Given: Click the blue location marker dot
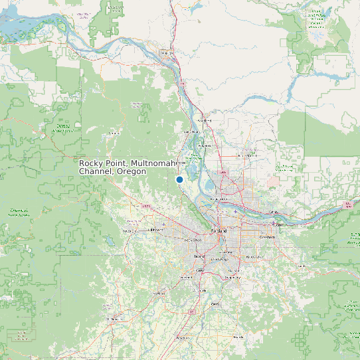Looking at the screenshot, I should pyautogui.click(x=179, y=179).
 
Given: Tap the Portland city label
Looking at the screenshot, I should pyautogui.click(x=219, y=230).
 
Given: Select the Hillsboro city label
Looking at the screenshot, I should pyautogui.click(x=154, y=229).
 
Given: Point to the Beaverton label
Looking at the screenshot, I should pyautogui.click(x=192, y=240).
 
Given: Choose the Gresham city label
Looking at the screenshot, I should pyautogui.click(x=267, y=237).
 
